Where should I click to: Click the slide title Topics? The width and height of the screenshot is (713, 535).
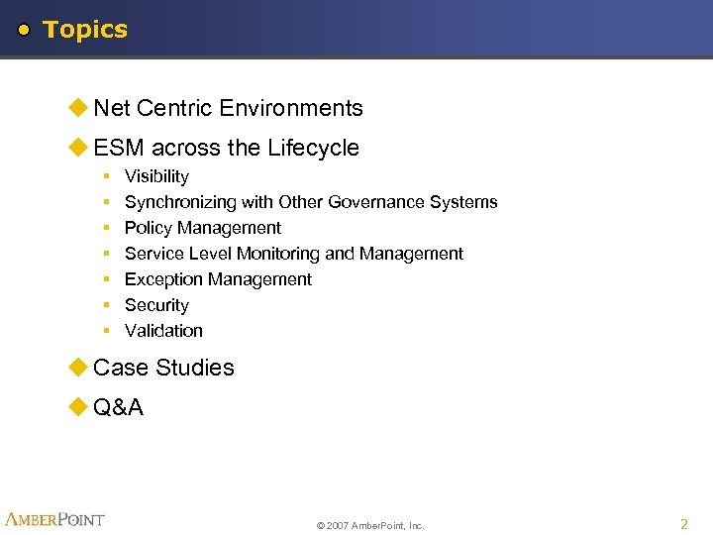(85, 30)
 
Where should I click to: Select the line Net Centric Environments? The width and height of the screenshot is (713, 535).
(228, 108)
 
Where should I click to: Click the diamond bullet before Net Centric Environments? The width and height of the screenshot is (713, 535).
(78, 108)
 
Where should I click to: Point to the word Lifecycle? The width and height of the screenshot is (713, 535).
(312, 148)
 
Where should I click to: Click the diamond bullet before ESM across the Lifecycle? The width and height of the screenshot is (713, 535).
(78, 148)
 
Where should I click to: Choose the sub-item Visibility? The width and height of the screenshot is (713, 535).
(156, 176)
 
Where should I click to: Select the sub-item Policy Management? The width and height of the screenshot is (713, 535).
(202, 228)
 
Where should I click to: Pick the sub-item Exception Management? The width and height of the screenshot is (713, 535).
(218, 279)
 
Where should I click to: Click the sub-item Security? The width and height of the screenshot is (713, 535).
(156, 305)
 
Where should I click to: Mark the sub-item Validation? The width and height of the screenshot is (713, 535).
(163, 331)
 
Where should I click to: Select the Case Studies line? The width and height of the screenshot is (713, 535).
(163, 368)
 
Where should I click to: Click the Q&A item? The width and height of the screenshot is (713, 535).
(118, 407)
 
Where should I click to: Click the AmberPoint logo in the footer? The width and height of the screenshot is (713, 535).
(54, 519)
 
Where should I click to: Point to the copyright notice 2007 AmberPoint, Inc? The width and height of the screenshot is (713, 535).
(370, 525)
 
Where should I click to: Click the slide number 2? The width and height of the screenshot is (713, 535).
(683, 523)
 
